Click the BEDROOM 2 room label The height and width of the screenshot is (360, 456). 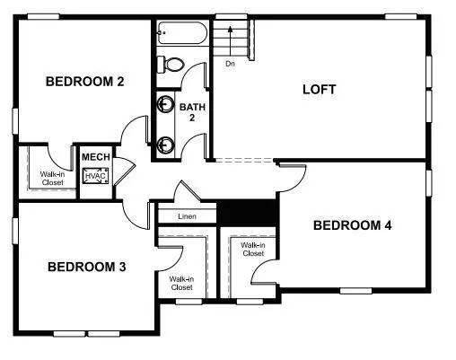[85, 82]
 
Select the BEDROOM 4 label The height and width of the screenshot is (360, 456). [352, 225]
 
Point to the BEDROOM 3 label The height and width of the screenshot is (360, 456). [86, 267]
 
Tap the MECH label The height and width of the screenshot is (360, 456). [95, 157]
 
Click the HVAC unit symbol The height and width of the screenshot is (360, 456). [95, 177]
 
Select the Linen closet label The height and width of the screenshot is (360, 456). [188, 216]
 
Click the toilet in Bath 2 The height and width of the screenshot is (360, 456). [171, 65]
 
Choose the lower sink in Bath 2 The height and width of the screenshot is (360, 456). [166, 142]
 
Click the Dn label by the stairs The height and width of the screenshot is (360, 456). [231, 64]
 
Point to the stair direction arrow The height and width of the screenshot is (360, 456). [232, 40]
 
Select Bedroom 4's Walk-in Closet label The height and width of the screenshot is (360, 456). [253, 249]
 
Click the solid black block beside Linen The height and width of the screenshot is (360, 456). [248, 213]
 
